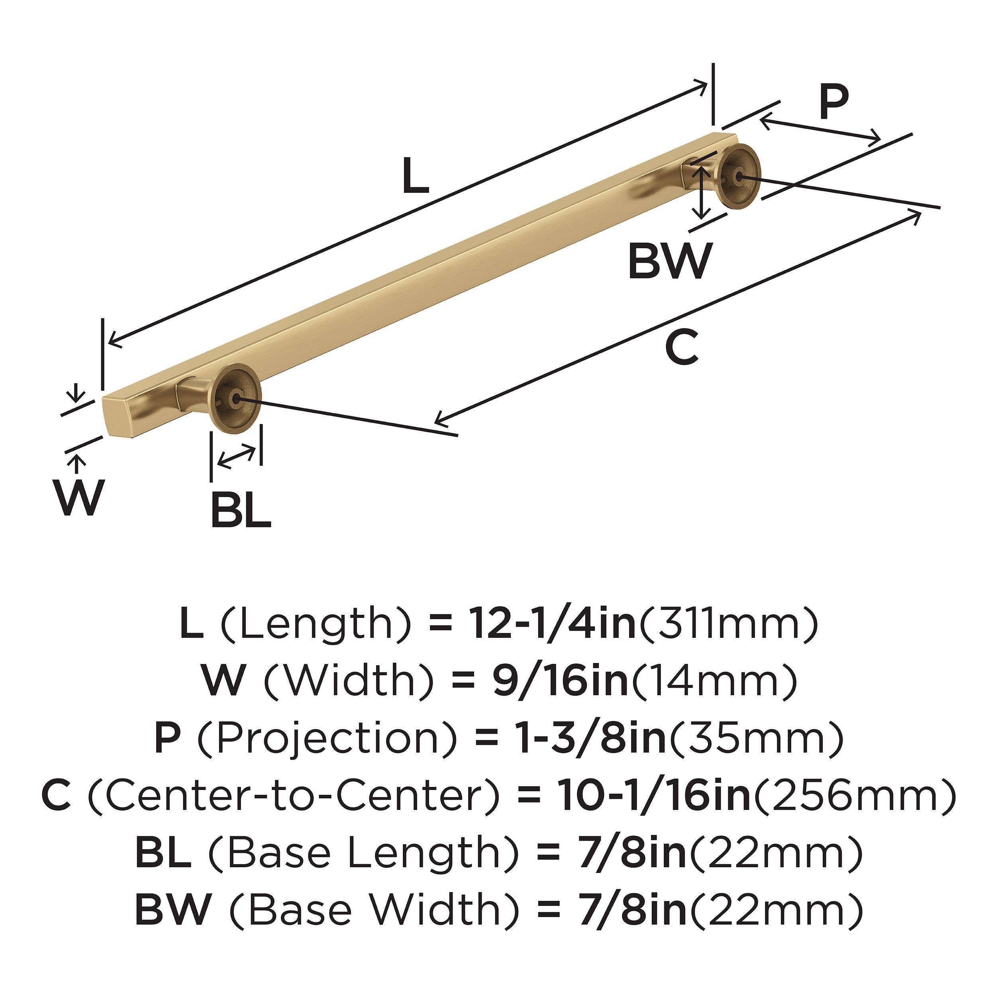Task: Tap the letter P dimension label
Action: click(x=833, y=103)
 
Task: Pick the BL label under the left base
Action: click(x=241, y=510)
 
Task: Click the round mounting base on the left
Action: click(x=235, y=396)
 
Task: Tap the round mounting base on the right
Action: click(x=740, y=176)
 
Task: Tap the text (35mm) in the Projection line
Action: click(x=755, y=738)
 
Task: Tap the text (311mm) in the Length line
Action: click(x=728, y=623)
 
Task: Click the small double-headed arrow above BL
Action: click(x=235, y=458)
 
